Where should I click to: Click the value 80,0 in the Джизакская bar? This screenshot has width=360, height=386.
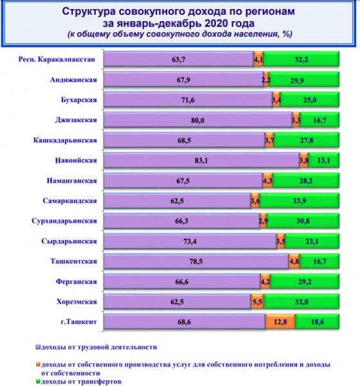[197, 120]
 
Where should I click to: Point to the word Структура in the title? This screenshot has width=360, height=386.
[92, 12]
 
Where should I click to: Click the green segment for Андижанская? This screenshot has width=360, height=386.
[303, 80]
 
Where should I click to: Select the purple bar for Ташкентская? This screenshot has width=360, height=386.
[195, 261]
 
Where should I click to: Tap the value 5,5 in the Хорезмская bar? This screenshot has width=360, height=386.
[256, 300]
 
